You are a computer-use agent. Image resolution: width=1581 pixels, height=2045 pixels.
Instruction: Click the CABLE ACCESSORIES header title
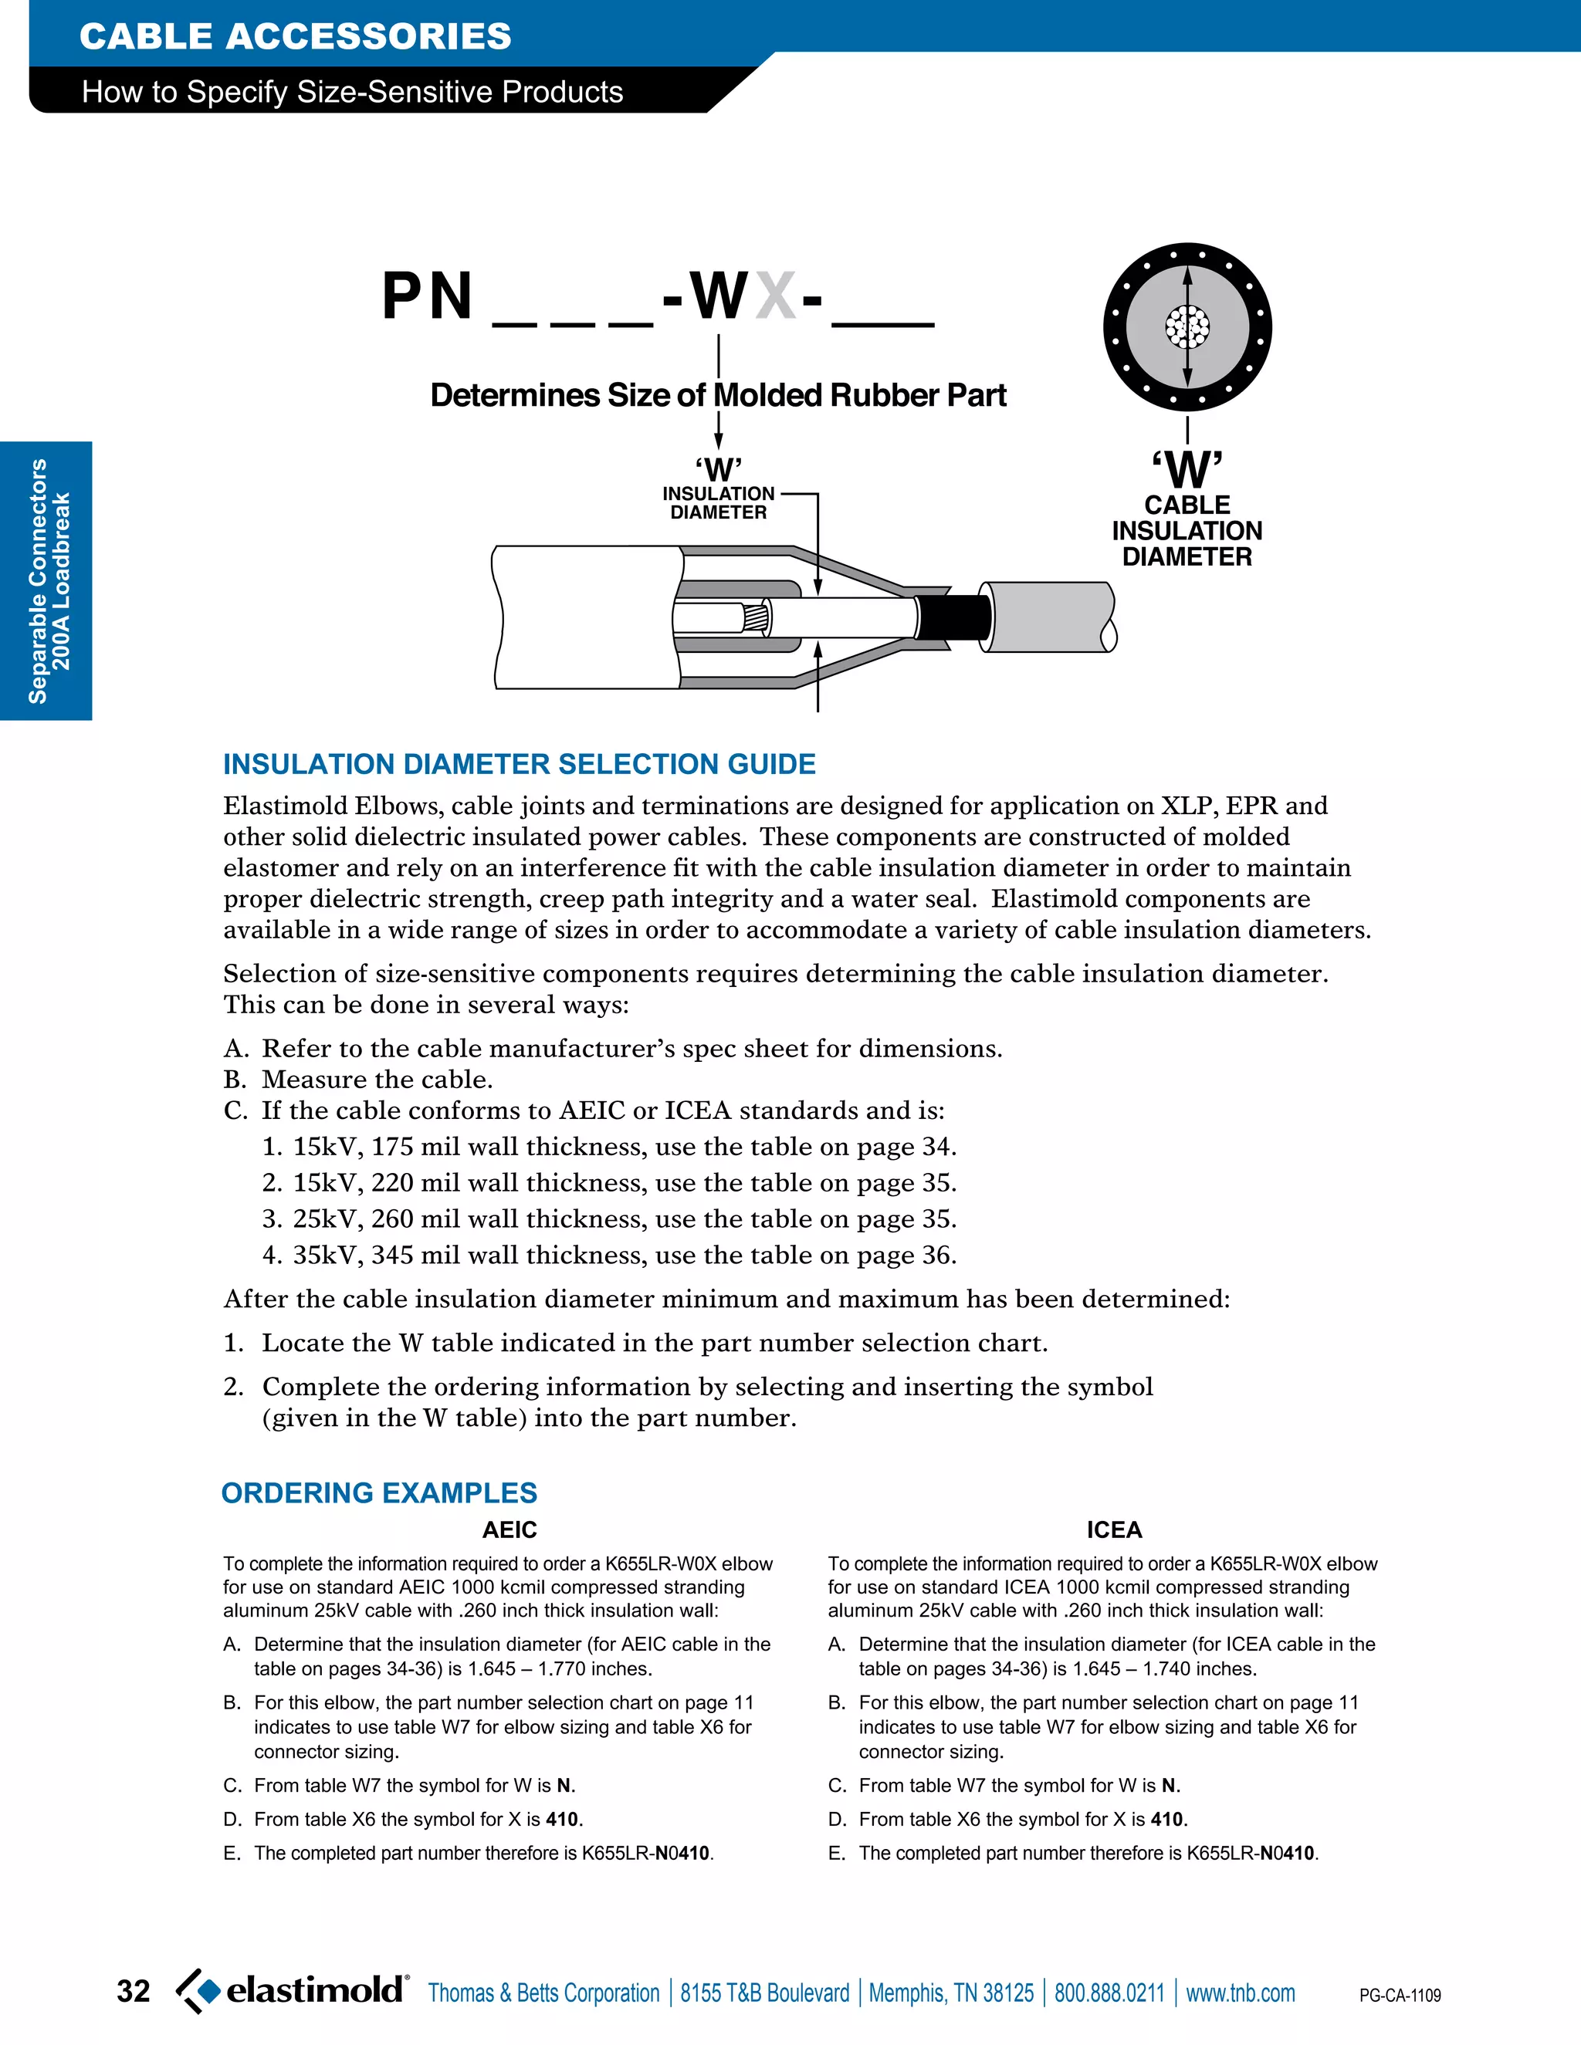pos(295,36)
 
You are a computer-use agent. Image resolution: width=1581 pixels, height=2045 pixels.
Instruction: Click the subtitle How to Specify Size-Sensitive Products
pos(352,92)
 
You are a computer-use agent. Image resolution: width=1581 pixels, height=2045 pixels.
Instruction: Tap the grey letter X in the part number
pos(776,296)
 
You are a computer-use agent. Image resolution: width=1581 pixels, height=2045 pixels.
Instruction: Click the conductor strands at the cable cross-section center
pos(1187,326)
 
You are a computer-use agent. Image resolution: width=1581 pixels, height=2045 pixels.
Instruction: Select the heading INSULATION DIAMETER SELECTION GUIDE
pos(519,764)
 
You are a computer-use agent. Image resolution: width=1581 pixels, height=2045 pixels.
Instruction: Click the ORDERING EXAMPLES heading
pos(379,1492)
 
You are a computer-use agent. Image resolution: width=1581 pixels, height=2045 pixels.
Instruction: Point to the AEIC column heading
pos(510,1530)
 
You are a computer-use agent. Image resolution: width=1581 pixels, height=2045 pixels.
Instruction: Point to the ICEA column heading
pos(1114,1530)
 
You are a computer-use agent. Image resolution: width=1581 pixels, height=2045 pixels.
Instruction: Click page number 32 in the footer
pos(133,1991)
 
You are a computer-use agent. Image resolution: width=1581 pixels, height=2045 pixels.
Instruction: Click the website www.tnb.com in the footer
pos(1240,1993)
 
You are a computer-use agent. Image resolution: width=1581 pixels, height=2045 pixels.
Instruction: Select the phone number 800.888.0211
pos(1109,1993)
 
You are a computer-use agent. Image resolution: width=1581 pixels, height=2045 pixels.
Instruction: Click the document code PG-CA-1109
pos(1400,1996)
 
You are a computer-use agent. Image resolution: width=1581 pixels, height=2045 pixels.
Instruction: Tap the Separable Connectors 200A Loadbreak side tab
pos(47,580)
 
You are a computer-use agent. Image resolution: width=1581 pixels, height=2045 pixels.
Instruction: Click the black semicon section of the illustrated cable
pos(953,618)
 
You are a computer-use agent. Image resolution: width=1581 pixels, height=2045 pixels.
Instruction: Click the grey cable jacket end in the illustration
pos(1049,617)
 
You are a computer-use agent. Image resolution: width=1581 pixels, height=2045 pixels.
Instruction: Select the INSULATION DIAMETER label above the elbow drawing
pos(719,503)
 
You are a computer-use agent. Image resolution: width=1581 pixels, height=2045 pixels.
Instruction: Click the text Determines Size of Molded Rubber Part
pos(719,395)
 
